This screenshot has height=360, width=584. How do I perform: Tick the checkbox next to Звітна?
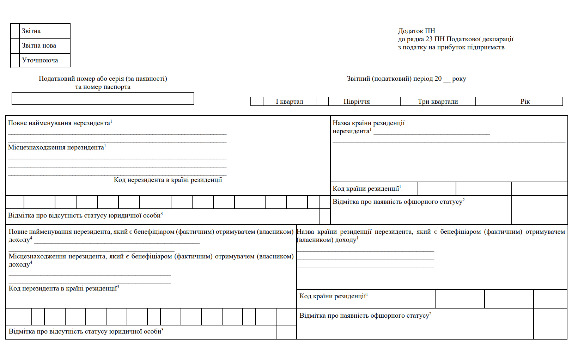point(15,31)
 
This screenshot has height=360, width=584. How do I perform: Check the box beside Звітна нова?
point(15,46)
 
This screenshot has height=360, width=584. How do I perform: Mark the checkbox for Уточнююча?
point(15,60)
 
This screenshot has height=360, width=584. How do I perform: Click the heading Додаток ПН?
point(416,31)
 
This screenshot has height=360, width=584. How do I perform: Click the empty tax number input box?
point(103,99)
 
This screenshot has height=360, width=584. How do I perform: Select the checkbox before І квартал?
point(257,102)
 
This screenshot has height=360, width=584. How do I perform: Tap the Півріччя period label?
point(357,102)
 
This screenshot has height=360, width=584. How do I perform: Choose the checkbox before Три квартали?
point(393,102)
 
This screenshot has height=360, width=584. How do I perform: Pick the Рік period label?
point(525,102)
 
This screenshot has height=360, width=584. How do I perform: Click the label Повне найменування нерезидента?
point(59,123)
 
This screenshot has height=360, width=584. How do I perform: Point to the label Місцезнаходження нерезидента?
point(56,147)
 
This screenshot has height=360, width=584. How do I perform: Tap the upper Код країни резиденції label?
point(366,189)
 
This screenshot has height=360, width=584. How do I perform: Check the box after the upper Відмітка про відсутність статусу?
point(324,216)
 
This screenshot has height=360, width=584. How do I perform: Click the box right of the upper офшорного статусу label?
point(539,210)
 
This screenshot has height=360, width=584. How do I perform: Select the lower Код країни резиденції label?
point(333,296)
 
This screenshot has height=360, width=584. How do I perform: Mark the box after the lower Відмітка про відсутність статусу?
point(286,332)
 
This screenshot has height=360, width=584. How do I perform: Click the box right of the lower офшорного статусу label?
point(550,324)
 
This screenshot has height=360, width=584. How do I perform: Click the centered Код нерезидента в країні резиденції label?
point(168,180)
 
